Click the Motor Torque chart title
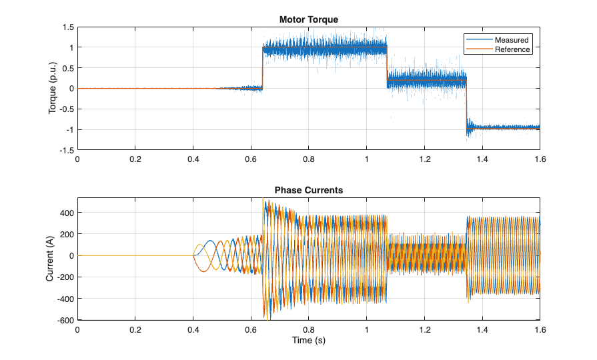(308, 20)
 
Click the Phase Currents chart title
(308, 190)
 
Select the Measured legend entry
(512, 40)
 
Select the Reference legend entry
(512, 49)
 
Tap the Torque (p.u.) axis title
(53, 89)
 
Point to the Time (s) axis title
(308, 341)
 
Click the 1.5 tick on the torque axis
(67, 27)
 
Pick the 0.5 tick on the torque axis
(67, 68)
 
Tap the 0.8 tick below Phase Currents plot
(308, 330)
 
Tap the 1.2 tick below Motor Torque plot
(424, 160)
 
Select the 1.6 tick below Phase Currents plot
(540, 330)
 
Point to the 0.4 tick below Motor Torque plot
(193, 160)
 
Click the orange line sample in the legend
(479, 49)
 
